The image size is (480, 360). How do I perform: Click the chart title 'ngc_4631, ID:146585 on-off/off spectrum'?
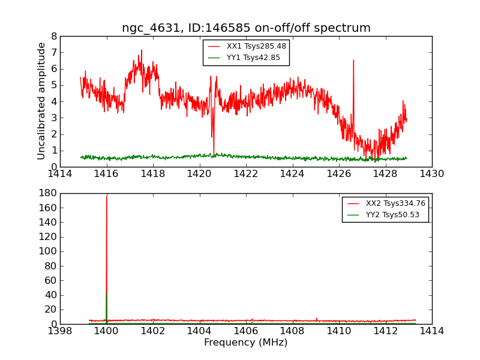point(246,28)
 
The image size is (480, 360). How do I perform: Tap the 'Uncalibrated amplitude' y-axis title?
point(41,101)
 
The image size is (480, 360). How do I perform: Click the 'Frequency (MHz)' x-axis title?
point(246,343)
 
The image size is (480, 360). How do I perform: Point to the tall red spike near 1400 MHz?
point(107,198)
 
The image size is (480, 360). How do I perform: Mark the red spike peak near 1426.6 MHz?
point(353,61)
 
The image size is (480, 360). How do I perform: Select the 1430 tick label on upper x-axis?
point(431,174)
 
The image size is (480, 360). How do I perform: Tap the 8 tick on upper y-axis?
point(54,36)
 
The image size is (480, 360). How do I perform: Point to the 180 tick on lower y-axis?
point(50,193)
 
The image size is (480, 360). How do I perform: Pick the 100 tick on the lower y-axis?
point(50,251)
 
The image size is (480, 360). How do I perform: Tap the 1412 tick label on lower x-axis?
point(385,331)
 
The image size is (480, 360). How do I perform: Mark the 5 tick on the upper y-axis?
point(54,85)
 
